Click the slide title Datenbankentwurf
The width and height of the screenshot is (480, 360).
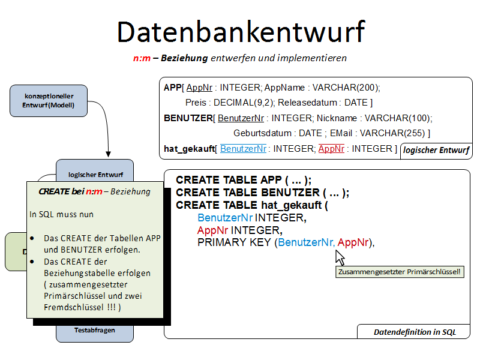coord(240,31)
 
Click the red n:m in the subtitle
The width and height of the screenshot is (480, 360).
coord(142,58)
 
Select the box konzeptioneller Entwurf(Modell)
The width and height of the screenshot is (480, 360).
coord(49,101)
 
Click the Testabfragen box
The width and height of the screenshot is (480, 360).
coord(94,330)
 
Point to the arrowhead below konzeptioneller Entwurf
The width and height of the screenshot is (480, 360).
coord(109,154)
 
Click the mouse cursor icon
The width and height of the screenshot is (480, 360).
coord(340,258)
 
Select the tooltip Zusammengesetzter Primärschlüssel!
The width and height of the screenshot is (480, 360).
coord(399,272)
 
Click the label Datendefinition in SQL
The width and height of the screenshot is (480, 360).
coord(415,331)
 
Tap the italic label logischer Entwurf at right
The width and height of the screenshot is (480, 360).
coord(436,150)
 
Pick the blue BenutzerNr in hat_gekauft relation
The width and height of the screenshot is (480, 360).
coord(244,148)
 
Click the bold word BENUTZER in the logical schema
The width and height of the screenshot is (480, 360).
coord(188,118)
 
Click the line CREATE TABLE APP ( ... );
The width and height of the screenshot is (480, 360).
coord(244,180)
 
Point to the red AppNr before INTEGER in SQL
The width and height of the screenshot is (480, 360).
coord(213,230)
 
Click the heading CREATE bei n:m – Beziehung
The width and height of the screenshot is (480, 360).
coord(94,192)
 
